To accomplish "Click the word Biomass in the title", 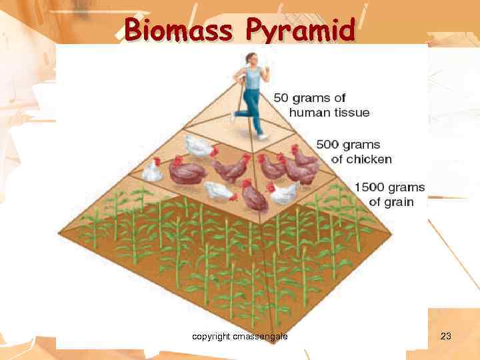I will (x=178, y=30).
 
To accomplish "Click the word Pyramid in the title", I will (x=300, y=30).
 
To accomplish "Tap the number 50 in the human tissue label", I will (x=283, y=99).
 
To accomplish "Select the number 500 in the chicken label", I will (x=329, y=145).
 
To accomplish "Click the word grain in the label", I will (x=399, y=202).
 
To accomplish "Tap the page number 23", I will (x=446, y=337).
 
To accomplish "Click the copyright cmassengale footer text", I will (x=239, y=337).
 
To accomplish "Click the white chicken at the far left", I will (x=153, y=171).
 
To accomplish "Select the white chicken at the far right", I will (x=283, y=193).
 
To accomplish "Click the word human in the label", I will (x=307, y=113).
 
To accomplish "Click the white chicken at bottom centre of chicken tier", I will (x=219, y=191).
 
